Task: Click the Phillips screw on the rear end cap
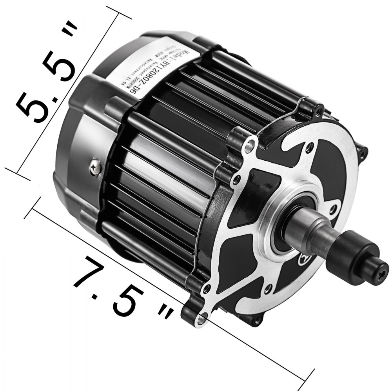[x=95, y=168]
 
